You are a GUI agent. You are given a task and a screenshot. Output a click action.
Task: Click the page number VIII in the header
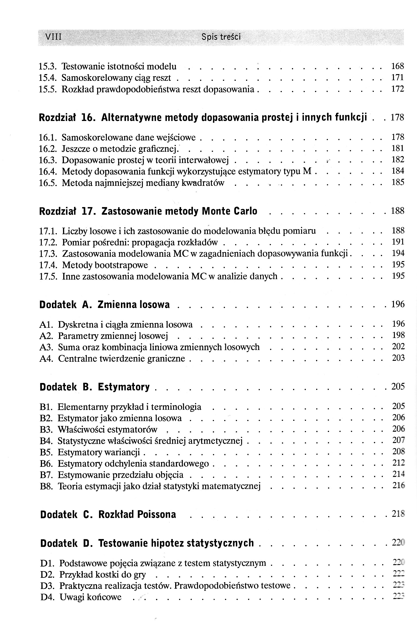pos(54,36)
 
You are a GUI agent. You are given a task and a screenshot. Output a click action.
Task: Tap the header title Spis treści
pos(221,36)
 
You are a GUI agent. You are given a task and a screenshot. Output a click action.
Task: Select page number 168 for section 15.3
pos(398,66)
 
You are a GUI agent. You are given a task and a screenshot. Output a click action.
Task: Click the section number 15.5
pos(48,89)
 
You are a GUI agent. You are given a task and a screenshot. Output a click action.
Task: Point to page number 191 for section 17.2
pos(398,242)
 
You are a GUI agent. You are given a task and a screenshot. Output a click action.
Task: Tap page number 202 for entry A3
pos(398,347)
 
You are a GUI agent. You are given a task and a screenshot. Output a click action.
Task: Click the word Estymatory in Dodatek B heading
pos(124,387)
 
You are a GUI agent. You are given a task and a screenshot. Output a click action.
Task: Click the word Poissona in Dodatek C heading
pos(156,515)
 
